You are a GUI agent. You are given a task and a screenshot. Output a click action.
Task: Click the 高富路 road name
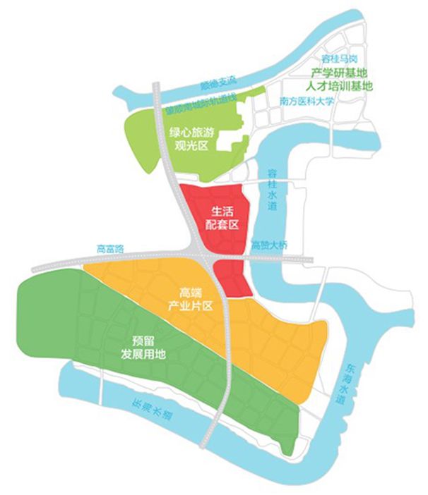110,249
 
